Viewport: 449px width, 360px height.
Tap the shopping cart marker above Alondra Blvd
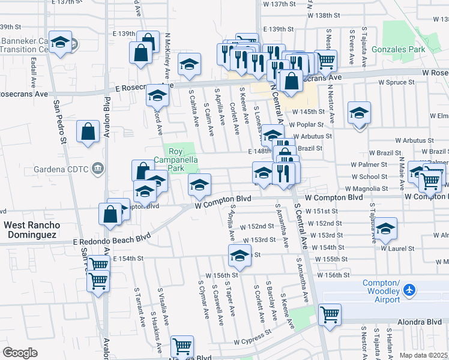pos(330,314)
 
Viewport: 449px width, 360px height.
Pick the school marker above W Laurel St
pos(387,228)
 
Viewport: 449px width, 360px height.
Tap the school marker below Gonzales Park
pos(359,112)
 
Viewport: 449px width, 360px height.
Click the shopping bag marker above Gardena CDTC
pos(88,131)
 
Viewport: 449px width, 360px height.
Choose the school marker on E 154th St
pos(239,256)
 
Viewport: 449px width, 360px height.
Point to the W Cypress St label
pos(253,338)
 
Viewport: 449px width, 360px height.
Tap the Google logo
pos(20,352)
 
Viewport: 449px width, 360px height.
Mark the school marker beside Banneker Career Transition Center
pos(59,42)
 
